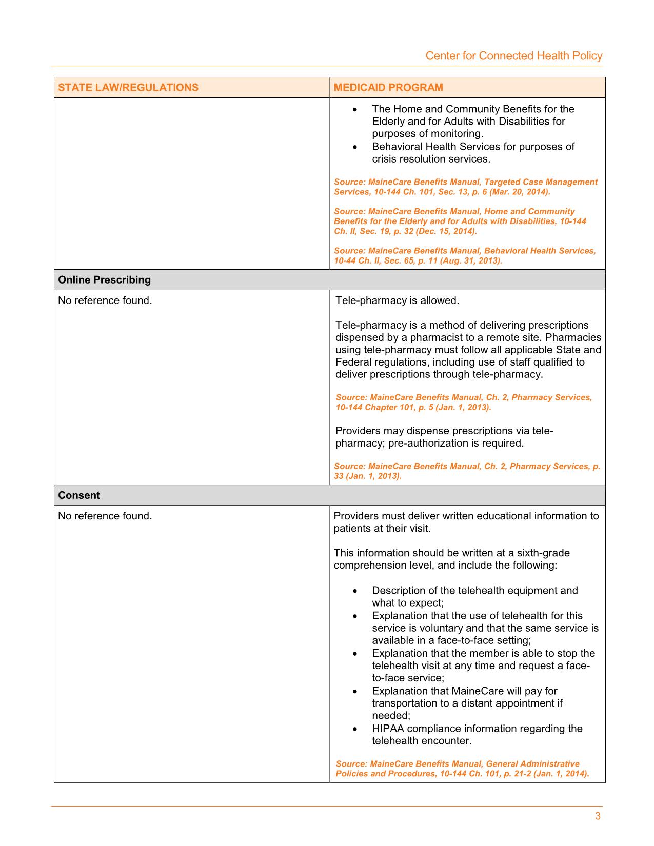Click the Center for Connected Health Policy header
click(513, 56)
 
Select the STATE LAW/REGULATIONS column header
click(128, 87)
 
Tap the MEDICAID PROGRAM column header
click(388, 87)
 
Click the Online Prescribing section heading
click(105, 280)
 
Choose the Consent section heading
click(79, 495)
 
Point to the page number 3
click(598, 816)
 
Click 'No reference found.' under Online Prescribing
click(105, 300)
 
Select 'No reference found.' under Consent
click(105, 516)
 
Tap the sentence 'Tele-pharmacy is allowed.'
click(397, 300)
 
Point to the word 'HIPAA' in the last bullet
click(387, 729)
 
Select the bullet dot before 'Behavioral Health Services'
click(355, 147)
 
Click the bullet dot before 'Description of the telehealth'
click(355, 591)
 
